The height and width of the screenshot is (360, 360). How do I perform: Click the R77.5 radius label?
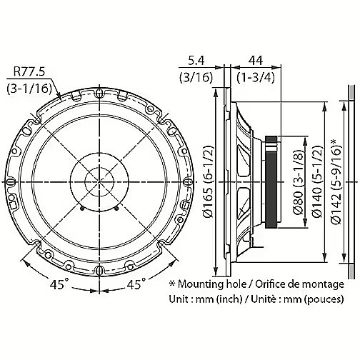click(x=29, y=71)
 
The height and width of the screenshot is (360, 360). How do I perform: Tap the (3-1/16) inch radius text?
click(x=29, y=89)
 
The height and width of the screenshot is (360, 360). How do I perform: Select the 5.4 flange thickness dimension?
click(x=196, y=61)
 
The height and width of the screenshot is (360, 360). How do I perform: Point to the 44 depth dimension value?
click(x=256, y=61)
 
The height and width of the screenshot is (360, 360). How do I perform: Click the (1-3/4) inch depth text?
click(x=256, y=78)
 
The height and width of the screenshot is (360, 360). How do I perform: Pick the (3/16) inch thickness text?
click(x=196, y=78)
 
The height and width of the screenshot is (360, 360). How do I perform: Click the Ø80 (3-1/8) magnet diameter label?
click(x=298, y=182)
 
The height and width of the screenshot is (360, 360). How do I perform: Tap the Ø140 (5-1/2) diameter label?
click(x=317, y=182)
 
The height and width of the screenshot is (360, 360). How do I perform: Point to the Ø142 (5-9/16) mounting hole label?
click(x=336, y=182)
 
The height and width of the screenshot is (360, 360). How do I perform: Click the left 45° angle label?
click(x=57, y=284)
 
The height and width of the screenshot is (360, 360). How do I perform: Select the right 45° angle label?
click(x=136, y=284)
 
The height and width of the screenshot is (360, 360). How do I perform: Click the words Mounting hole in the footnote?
click(x=212, y=284)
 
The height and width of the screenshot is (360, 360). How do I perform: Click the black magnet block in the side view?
click(x=271, y=182)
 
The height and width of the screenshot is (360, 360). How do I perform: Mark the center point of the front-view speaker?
click(x=99, y=182)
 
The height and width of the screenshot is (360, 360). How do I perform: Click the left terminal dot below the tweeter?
click(x=82, y=209)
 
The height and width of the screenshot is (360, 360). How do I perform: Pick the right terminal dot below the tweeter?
click(x=116, y=209)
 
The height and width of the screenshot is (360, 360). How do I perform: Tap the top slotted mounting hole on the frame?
click(x=99, y=94)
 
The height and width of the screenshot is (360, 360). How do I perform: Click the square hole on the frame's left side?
click(x=14, y=205)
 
